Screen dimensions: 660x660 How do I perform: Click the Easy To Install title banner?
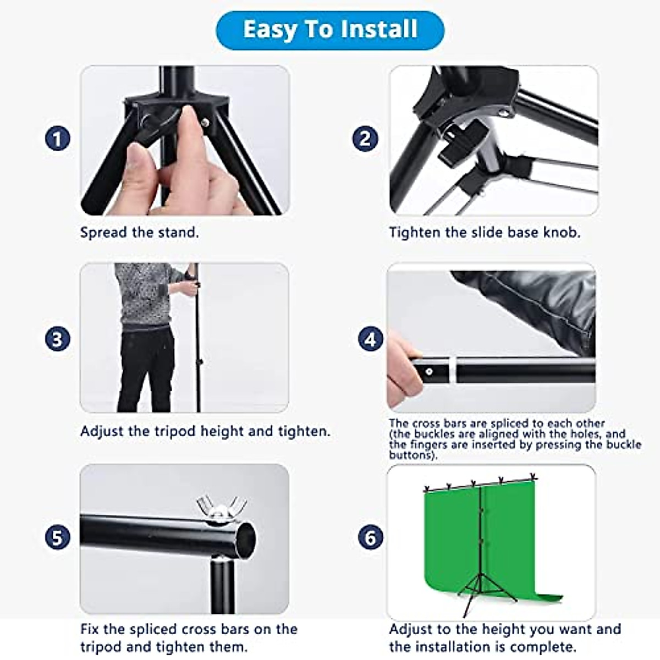(x=330, y=29)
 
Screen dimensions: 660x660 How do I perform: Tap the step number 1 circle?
(x=58, y=138)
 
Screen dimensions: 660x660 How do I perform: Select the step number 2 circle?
(x=365, y=138)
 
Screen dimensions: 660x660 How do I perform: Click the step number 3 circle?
(x=58, y=339)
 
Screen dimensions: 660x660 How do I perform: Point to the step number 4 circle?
(x=370, y=339)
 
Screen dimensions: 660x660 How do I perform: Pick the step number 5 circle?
(x=58, y=537)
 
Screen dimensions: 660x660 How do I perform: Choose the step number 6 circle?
(x=370, y=537)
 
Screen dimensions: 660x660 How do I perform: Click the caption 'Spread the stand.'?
(x=139, y=232)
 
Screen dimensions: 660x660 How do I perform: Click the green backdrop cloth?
(x=451, y=539)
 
